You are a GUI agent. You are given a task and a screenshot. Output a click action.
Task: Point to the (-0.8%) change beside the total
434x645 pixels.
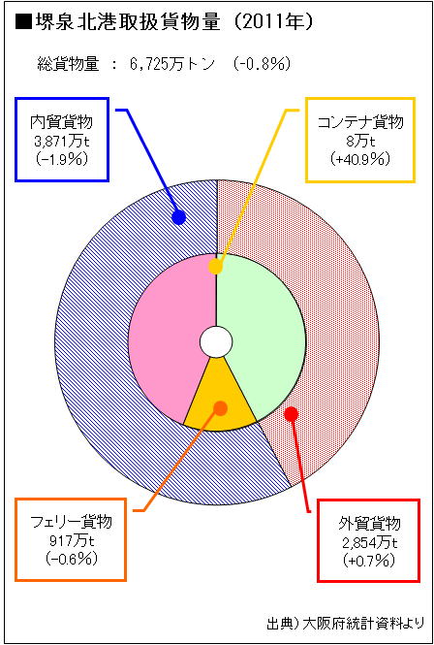click(263, 64)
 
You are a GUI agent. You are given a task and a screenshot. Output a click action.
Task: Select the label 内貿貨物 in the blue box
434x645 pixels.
click(62, 123)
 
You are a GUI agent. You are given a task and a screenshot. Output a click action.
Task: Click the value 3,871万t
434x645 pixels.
click(62, 142)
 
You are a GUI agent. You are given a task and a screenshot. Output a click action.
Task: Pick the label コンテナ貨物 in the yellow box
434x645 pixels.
click(360, 123)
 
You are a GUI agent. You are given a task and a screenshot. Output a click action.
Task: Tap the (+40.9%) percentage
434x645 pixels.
click(360, 160)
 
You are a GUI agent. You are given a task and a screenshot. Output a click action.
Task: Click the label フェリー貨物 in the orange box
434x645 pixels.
click(71, 523)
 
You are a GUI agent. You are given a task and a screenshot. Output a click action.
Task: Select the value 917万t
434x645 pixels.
click(71, 541)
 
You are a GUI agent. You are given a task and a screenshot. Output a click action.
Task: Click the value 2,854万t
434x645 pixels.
click(369, 543)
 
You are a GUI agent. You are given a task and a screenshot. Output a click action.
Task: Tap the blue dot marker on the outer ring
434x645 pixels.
click(178, 217)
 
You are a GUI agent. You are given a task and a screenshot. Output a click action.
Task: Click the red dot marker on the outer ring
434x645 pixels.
click(291, 413)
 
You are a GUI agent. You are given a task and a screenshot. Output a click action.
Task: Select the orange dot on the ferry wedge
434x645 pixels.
click(221, 408)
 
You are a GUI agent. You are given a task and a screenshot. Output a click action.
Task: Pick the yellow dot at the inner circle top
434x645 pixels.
click(215, 267)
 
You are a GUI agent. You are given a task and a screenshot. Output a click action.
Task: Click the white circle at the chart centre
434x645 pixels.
click(216, 342)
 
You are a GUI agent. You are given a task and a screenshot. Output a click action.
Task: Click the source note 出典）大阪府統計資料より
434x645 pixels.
click(342, 623)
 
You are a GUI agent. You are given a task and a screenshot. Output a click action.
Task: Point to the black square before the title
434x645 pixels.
click(24, 23)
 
